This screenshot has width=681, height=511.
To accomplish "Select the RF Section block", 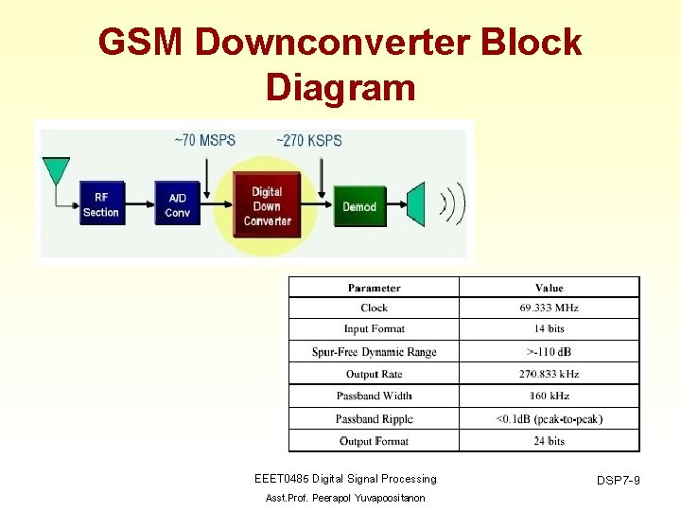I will [x=100, y=205].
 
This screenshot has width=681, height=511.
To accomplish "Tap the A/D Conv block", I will [x=177, y=205].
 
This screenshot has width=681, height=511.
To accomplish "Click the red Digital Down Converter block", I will [x=267, y=206].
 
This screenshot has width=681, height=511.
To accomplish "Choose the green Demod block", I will [x=358, y=206].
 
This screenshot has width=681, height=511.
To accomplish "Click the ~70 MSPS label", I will [x=204, y=141].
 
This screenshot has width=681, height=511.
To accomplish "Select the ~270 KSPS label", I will [x=309, y=141].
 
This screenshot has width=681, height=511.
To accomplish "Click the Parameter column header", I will [x=374, y=288].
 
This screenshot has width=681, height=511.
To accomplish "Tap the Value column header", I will [x=549, y=288].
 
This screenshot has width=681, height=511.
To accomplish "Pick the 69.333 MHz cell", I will [x=549, y=308].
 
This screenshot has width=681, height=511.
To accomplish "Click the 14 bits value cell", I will [x=549, y=329].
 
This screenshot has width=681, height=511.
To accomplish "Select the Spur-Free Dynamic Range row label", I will [x=374, y=352].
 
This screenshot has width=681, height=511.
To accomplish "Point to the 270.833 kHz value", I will [x=549, y=374].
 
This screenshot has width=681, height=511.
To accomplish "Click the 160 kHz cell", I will [x=549, y=396].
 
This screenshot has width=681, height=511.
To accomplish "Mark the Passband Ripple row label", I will [x=374, y=418].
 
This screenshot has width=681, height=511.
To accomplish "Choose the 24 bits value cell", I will [x=549, y=441].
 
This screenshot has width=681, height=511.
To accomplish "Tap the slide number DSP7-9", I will [x=618, y=482].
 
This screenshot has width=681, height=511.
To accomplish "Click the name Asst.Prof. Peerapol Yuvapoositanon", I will [x=345, y=498].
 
